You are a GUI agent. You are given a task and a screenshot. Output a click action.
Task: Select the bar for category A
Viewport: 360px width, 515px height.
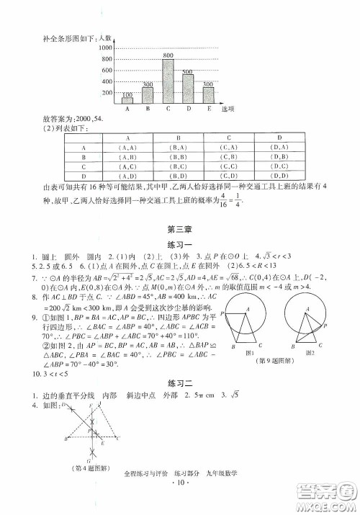(x=127, y=100)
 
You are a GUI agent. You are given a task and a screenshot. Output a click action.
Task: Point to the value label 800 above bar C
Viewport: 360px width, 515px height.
(x=168, y=55)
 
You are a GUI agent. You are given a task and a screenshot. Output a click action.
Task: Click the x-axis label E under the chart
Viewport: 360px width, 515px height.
(x=208, y=109)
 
